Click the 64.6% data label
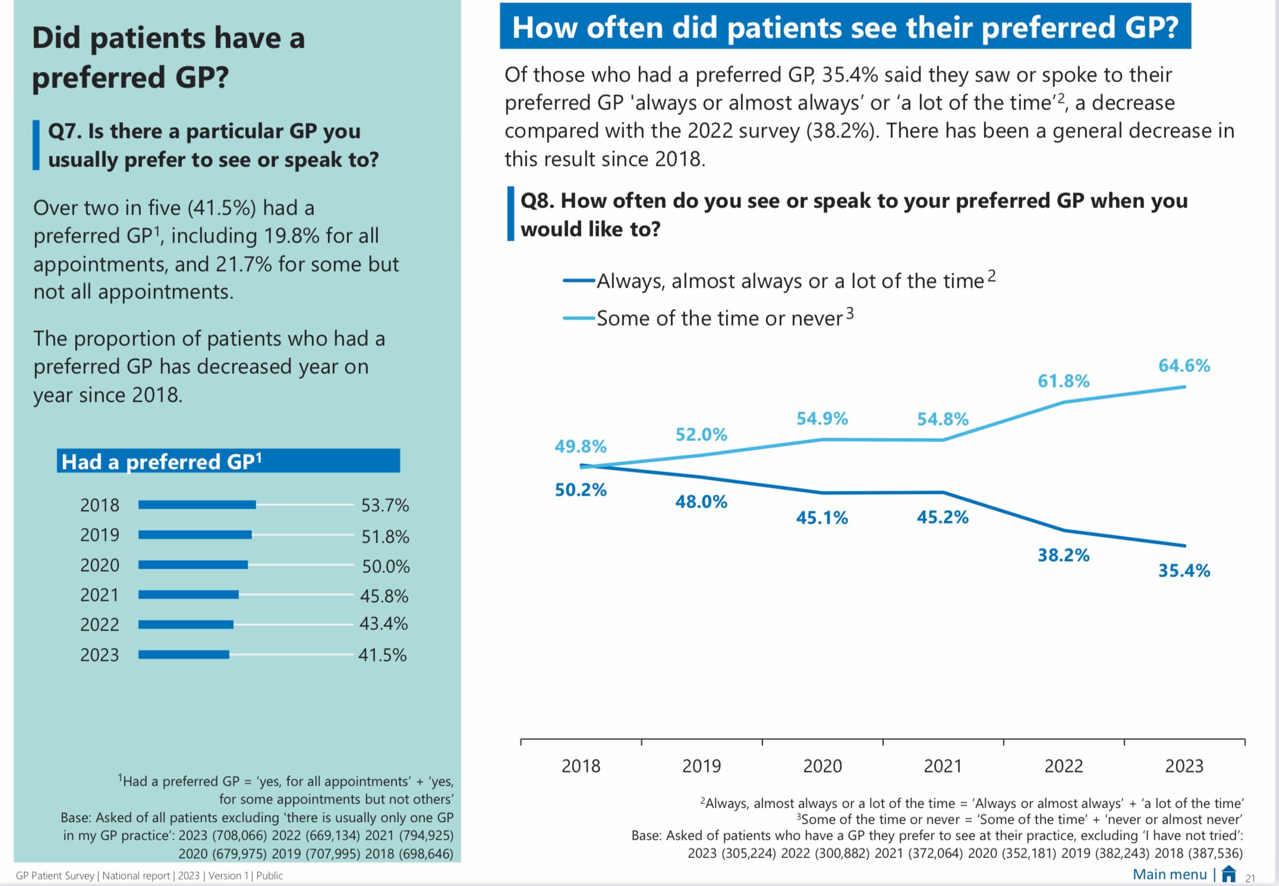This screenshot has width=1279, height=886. click(x=1184, y=365)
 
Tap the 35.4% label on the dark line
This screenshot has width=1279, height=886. click(x=1184, y=570)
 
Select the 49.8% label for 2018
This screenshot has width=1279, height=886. click(x=581, y=446)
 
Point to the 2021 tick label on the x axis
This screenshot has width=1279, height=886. click(x=943, y=766)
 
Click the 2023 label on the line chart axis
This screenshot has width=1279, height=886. click(x=1184, y=766)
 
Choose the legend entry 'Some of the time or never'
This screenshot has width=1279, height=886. click(x=719, y=319)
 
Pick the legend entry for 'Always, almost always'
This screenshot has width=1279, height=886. click(x=790, y=281)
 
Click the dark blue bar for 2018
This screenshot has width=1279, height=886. click(x=197, y=505)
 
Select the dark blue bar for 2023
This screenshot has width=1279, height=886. click(x=184, y=654)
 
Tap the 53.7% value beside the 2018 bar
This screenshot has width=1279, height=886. click(x=385, y=505)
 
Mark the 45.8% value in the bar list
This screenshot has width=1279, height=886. click(x=384, y=595)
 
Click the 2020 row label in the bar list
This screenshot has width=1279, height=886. click(x=100, y=565)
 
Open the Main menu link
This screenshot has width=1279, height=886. click(x=1169, y=874)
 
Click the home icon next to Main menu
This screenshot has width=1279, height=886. click(x=1229, y=874)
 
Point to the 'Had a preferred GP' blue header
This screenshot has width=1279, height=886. click(x=228, y=461)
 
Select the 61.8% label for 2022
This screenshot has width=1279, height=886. click(x=1063, y=381)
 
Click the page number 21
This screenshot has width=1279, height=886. click(x=1250, y=878)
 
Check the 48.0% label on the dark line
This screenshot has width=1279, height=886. click(x=701, y=502)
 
